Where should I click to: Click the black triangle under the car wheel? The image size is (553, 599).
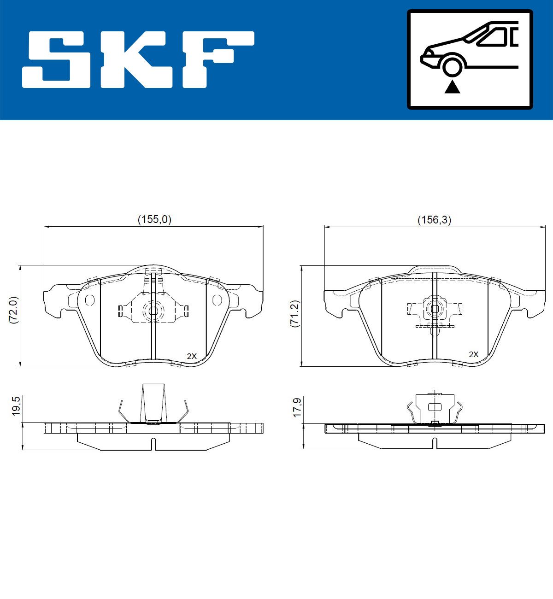click(x=452, y=86)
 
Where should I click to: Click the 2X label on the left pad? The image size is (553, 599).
click(x=192, y=356)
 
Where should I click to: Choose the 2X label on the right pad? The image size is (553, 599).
click(x=473, y=354)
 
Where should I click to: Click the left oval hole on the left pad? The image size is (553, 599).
click(x=90, y=300)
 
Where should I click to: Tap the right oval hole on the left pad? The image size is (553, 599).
click(x=217, y=300)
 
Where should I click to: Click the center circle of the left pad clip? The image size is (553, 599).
click(x=153, y=310)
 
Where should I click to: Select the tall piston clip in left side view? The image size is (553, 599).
click(x=153, y=402)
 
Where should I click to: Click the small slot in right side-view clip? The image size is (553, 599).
click(x=435, y=407)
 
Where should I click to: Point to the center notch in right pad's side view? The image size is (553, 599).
click(x=435, y=444)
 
